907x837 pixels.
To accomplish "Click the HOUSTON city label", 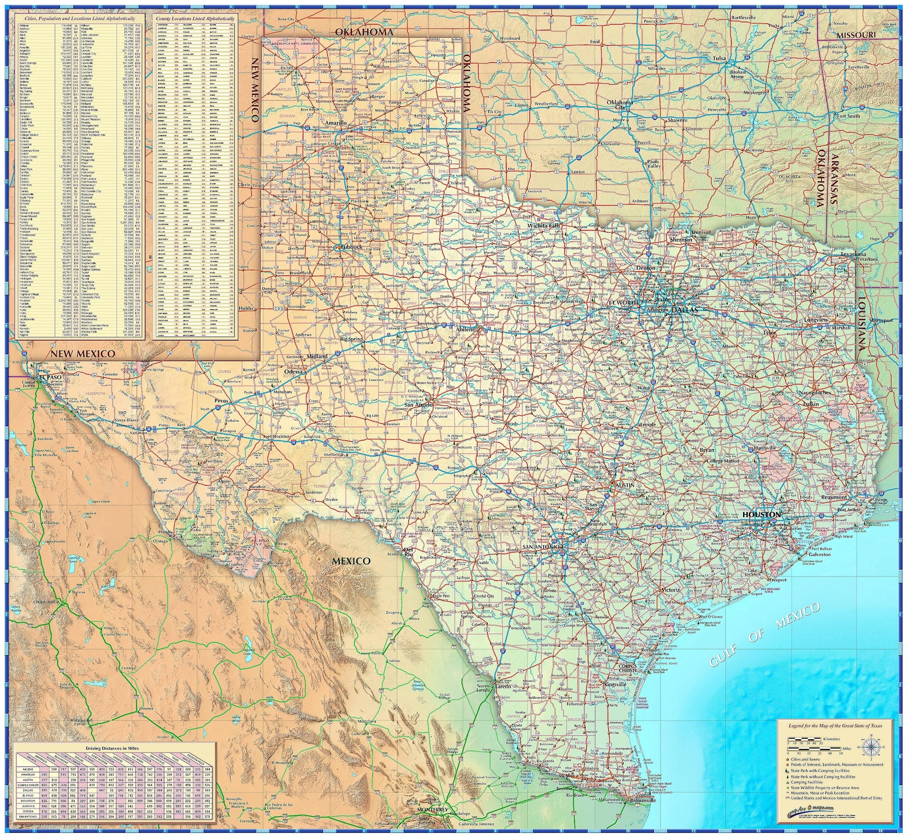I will (x=761, y=514).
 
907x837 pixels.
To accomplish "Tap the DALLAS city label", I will (x=685, y=310).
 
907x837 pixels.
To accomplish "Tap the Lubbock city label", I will (x=351, y=247).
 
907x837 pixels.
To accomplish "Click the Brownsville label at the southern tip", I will (x=643, y=800).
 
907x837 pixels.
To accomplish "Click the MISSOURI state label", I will (x=856, y=35).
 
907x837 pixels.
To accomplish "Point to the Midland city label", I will (x=317, y=356).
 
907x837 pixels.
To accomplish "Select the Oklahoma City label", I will (x=620, y=105).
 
